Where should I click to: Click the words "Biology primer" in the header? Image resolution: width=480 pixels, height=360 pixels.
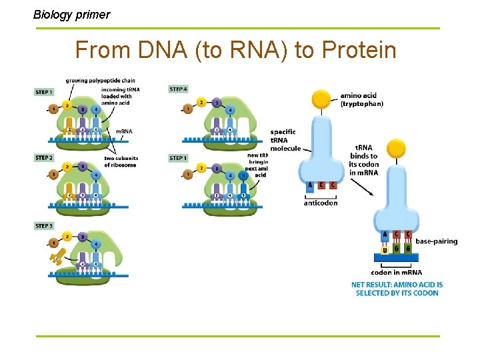72,14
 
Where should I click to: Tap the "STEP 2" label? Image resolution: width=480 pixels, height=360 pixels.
44,158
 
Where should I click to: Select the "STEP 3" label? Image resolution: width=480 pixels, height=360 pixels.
44,226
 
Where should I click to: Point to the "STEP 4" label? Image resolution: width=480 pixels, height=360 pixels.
178,89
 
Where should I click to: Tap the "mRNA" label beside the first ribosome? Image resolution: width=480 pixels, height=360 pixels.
124,131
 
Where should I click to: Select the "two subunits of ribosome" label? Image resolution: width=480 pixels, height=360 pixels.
121,161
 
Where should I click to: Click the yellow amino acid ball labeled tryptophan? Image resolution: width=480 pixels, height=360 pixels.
322,99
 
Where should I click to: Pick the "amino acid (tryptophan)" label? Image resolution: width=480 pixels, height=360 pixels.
361,99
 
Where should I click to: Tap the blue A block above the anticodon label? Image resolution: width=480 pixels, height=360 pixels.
310,185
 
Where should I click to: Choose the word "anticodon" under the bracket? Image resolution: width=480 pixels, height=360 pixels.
321,203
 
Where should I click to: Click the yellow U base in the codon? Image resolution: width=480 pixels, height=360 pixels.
385,250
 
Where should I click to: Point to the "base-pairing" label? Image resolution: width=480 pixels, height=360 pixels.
436,241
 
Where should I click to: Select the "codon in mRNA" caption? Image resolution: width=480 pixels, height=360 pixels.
396,272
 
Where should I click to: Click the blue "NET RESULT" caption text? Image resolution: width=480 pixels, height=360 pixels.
397,289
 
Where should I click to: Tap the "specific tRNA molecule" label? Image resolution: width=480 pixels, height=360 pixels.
285,140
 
